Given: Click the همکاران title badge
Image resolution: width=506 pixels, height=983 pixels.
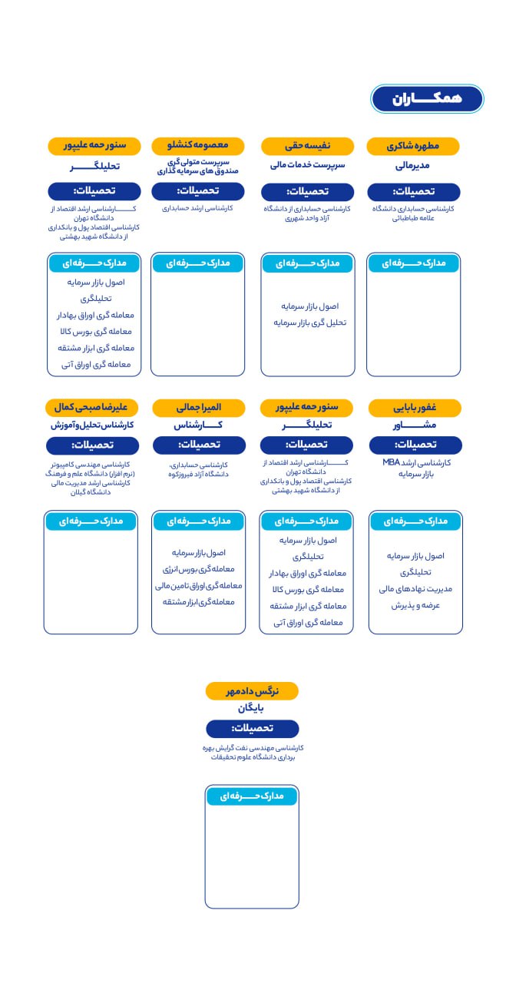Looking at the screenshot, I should pyautogui.click(x=427, y=99).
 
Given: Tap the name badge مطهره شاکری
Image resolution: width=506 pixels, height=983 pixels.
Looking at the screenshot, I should pyautogui.click(x=413, y=146).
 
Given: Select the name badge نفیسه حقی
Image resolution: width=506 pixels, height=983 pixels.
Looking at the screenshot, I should pyautogui.click(x=307, y=146).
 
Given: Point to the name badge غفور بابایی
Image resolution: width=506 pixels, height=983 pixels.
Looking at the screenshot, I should pyautogui.click(x=415, y=407).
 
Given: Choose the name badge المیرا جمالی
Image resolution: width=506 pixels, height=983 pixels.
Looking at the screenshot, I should pyautogui.click(x=199, y=407).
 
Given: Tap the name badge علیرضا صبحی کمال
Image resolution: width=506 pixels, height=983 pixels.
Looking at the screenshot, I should pyautogui.click(x=91, y=407).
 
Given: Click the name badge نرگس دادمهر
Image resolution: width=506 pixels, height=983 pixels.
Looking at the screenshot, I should pyautogui.click(x=252, y=691).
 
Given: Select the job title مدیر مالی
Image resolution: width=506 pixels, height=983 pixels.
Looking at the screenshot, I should pyautogui.click(x=413, y=165).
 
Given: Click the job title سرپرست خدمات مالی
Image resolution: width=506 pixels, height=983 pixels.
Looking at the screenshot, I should pyautogui.click(x=307, y=165).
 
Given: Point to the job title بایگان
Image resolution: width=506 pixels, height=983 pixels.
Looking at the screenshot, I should pyautogui.click(x=251, y=709).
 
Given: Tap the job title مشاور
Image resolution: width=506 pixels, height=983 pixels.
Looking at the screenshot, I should pyautogui.click(x=415, y=425).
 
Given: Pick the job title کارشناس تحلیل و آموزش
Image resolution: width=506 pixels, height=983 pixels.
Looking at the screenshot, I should pyautogui.click(x=92, y=425).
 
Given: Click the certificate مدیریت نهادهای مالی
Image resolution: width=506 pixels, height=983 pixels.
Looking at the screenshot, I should pyautogui.click(x=415, y=589).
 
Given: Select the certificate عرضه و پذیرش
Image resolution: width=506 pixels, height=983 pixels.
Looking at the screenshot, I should pyautogui.click(x=415, y=605).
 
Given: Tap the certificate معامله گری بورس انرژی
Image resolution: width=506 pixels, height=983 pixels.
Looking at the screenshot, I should pyautogui.click(x=198, y=569).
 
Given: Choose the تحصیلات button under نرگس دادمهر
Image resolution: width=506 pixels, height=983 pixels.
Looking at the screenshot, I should pyautogui.click(x=252, y=728).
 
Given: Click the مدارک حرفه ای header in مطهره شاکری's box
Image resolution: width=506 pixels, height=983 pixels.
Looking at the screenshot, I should pyautogui.click(x=413, y=263).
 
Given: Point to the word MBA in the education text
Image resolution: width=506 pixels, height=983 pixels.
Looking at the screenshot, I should pyautogui.click(x=392, y=463).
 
